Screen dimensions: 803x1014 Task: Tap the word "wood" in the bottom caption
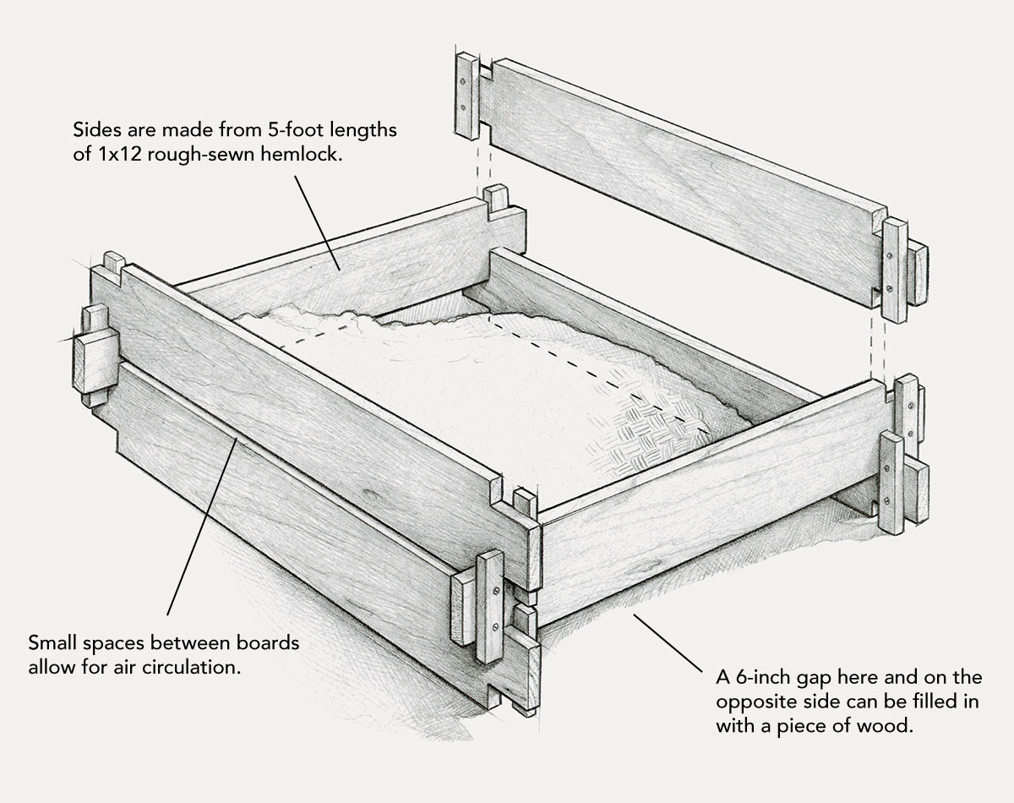pos(886,725)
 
